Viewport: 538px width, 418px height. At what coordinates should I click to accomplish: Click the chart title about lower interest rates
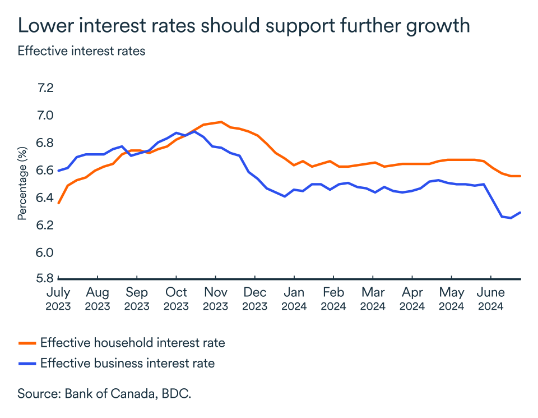243,26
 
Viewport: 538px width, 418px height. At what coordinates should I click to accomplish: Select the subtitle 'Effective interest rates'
81,51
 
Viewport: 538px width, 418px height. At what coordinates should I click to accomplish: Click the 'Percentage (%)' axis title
22,183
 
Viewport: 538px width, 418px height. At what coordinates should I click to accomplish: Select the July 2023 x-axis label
58,299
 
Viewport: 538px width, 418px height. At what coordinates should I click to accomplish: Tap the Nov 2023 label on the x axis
215,299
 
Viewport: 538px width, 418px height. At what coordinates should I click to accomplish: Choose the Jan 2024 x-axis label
294,299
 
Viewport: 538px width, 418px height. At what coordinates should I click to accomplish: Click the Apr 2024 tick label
412,299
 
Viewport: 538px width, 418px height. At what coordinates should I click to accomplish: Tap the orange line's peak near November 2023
221,122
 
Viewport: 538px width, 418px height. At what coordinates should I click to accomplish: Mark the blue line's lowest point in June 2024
511,218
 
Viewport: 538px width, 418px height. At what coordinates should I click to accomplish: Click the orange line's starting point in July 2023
58,203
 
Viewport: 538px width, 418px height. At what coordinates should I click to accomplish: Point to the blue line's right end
521,212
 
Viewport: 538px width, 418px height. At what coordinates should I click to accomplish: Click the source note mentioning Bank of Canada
104,393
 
